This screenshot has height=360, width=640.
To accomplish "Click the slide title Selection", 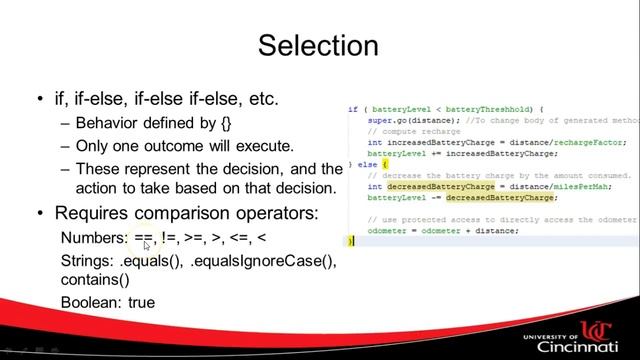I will click(x=318, y=46).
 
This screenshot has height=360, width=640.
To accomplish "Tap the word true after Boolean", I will click(x=141, y=301).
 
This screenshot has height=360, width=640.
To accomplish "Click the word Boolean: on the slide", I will click(x=92, y=301).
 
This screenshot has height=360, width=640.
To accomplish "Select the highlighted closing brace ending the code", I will click(x=350, y=241).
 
